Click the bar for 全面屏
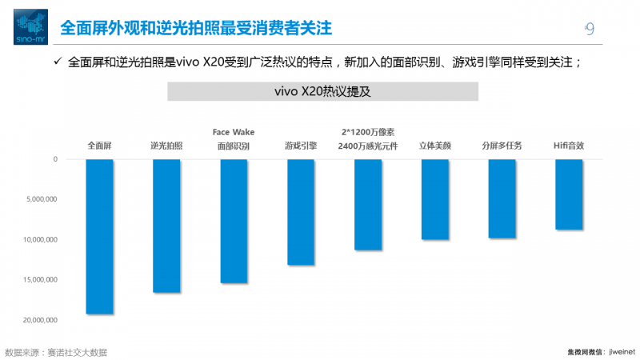(x=100, y=236)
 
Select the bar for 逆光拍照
(x=166, y=226)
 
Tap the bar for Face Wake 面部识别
(x=234, y=221)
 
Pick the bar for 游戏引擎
(x=301, y=212)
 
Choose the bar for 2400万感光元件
(x=368, y=205)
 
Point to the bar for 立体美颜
(x=435, y=199)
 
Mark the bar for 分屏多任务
(x=502, y=198)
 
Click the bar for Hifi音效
(x=569, y=194)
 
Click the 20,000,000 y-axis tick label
(x=40, y=320)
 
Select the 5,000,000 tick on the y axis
(x=42, y=199)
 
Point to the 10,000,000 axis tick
(x=40, y=239)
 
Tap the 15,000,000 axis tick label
(x=40, y=279)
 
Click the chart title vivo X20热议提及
(x=322, y=91)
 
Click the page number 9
(x=590, y=29)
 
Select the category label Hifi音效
(x=569, y=146)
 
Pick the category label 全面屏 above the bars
(x=100, y=146)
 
